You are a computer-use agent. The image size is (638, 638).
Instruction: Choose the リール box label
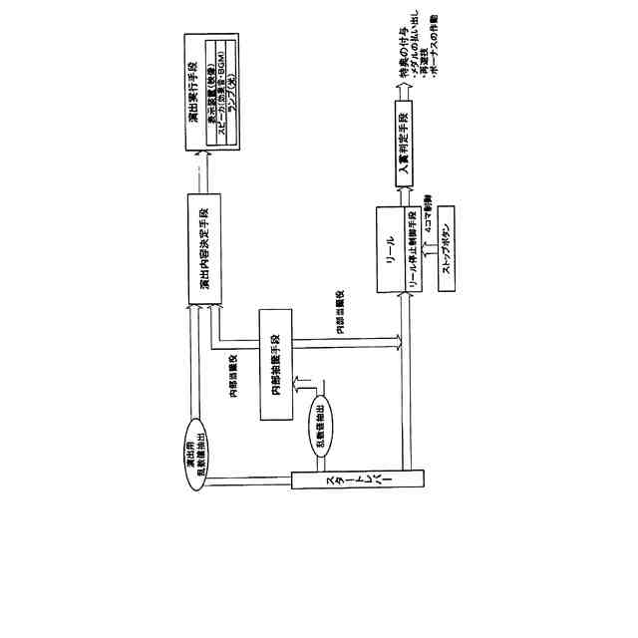coord(389,249)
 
